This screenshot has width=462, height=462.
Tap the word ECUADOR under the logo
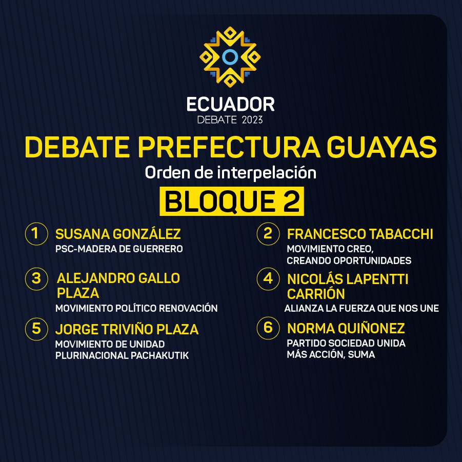[x=230, y=105]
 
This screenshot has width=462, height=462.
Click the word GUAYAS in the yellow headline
[x=382, y=147]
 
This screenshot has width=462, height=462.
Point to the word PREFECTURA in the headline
[x=229, y=147]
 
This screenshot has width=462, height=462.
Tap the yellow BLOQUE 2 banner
[x=232, y=201]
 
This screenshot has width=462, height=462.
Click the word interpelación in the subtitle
[x=267, y=173]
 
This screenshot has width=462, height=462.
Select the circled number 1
[x=36, y=234]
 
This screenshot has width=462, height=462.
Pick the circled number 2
[x=268, y=234]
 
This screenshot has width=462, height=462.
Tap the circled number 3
[x=36, y=278]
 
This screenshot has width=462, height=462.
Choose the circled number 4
[x=268, y=278]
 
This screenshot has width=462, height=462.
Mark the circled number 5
[x=36, y=329]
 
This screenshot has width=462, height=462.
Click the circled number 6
[x=268, y=328]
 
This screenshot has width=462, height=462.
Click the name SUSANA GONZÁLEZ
[x=118, y=234]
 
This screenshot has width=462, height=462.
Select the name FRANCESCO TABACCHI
[x=360, y=234]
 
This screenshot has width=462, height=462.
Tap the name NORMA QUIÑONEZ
[x=346, y=328]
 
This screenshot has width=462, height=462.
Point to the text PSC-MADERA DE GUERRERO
[x=119, y=249]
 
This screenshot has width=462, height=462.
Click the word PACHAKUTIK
[x=159, y=355]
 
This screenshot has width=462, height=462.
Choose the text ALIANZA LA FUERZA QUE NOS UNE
[x=361, y=308]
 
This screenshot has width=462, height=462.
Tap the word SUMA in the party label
[x=361, y=354]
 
